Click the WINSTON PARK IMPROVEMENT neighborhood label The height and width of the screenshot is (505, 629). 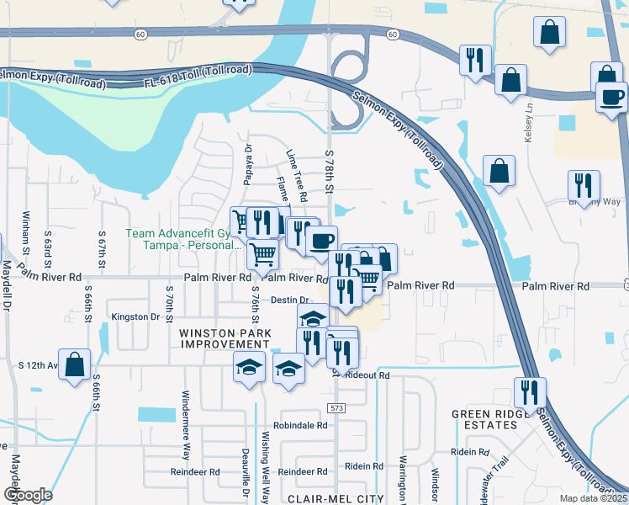click(224, 338)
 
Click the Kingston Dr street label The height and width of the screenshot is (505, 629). click(135, 317)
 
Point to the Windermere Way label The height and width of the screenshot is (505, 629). click(187, 420)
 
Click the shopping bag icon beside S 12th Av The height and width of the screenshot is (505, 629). click(75, 364)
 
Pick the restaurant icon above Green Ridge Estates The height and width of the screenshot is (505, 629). click(531, 393)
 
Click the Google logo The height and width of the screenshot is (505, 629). click(28, 494)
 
